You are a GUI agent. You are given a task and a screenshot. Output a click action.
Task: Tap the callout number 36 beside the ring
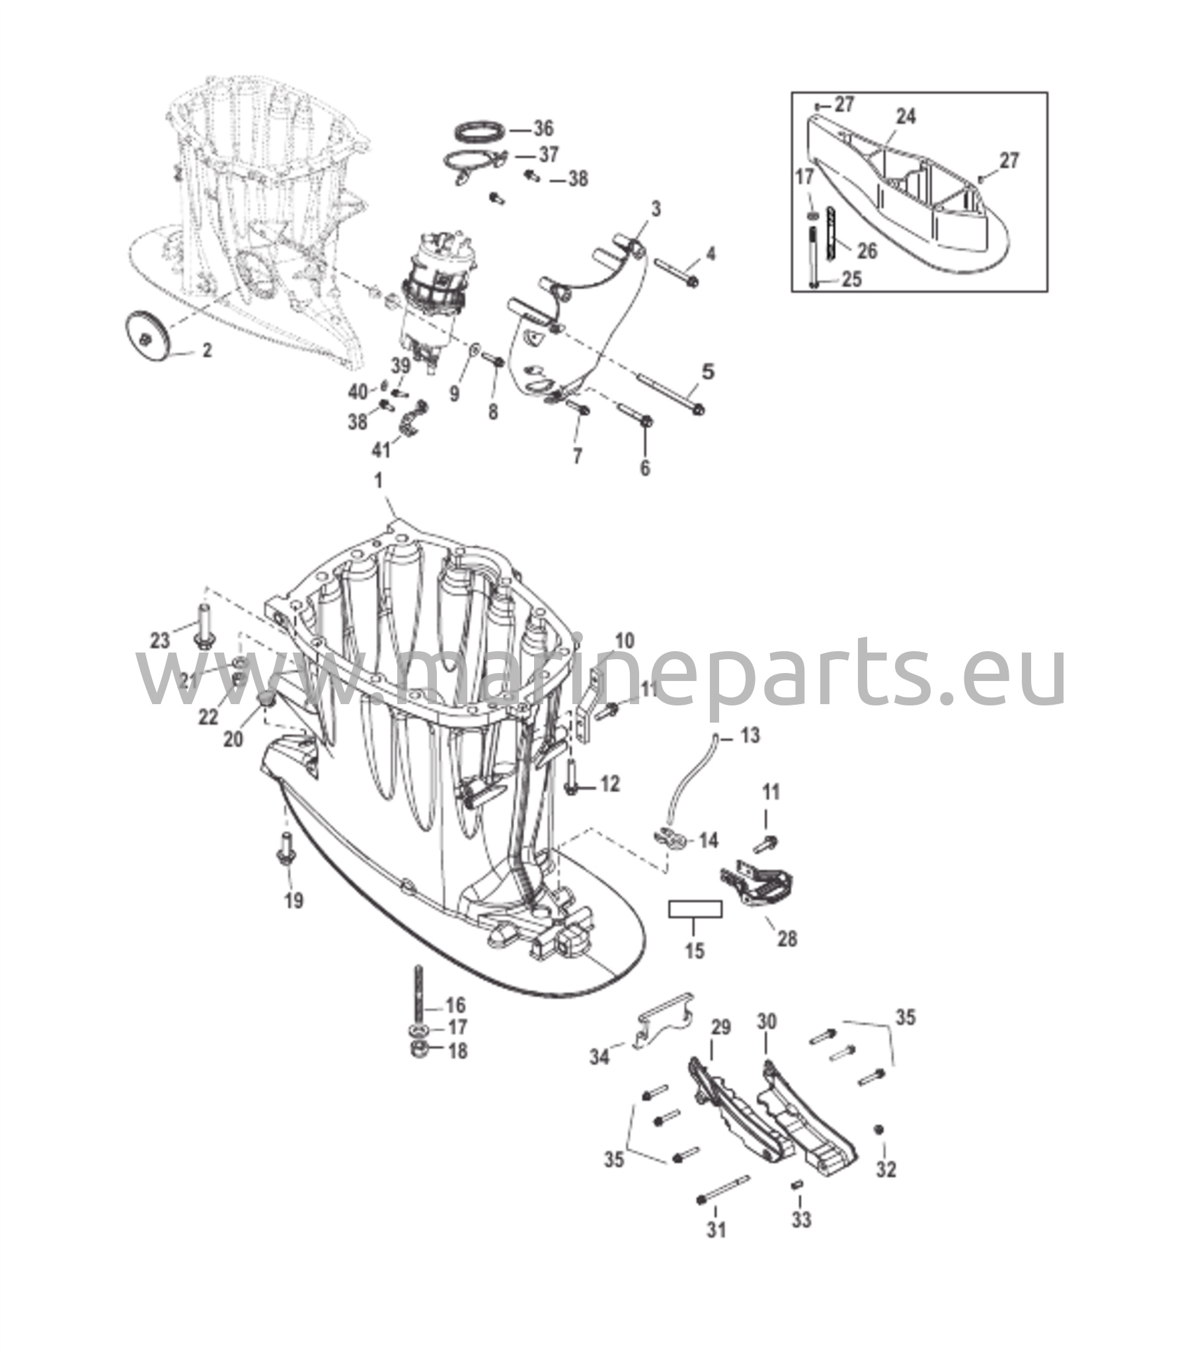click(x=543, y=128)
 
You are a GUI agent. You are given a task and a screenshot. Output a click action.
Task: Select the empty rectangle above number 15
click(x=695, y=909)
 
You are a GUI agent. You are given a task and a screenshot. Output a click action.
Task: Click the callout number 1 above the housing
click(x=379, y=481)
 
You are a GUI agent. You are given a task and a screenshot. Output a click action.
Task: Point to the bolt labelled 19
click(x=287, y=849)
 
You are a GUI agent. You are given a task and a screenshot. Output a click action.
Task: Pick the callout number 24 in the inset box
click(x=906, y=116)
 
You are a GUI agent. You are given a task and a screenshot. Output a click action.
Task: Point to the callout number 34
click(x=599, y=1056)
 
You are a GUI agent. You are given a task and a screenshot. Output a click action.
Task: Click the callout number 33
click(x=801, y=1220)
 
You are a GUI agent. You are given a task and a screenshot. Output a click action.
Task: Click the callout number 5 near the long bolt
click(x=708, y=371)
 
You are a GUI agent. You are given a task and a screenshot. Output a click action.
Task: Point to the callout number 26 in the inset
click(x=867, y=251)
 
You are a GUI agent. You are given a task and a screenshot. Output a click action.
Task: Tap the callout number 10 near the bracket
click(x=625, y=641)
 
